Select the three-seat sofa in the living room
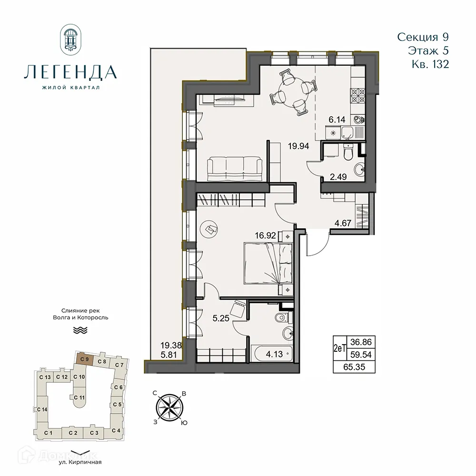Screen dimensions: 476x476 point(235,169)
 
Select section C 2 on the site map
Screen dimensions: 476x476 point(73,433)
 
